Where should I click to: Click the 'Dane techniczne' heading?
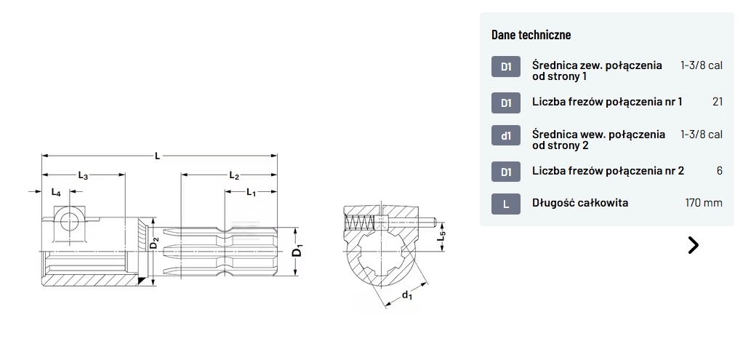point(531,35)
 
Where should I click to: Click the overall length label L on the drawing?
point(157,156)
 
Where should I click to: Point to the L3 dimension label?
point(83,175)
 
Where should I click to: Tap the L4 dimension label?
point(56,192)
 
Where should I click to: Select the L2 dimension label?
point(234,175)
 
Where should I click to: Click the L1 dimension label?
point(251,192)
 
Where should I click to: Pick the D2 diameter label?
point(154,242)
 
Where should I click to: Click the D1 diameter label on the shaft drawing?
point(297,249)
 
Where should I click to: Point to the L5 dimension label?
point(441,234)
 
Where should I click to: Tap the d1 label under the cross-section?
point(406,295)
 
